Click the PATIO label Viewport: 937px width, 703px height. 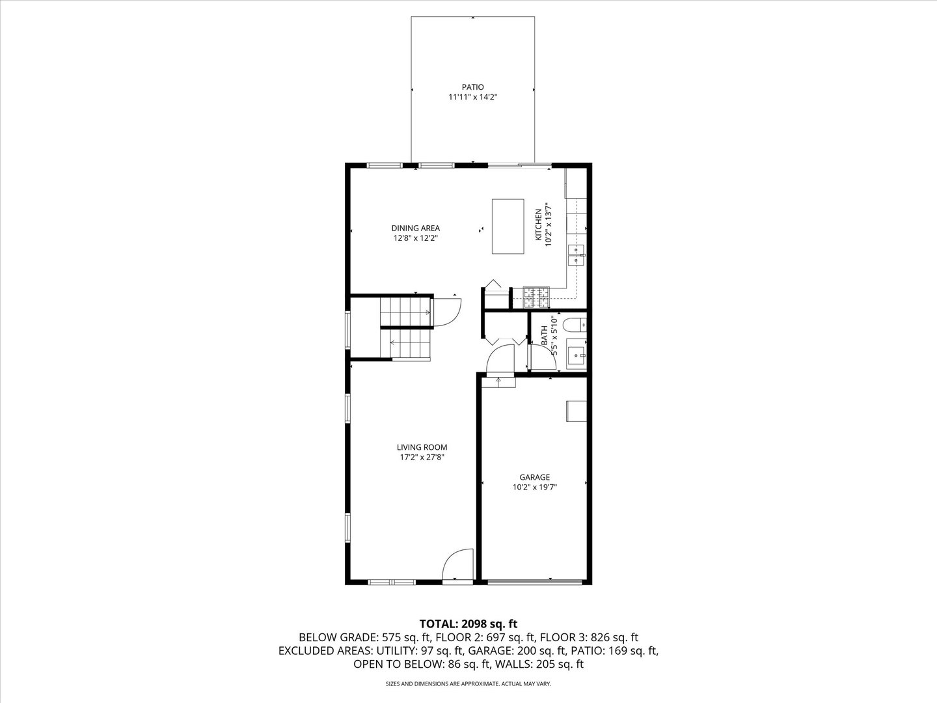point(472,87)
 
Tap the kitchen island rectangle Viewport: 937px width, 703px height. point(508,227)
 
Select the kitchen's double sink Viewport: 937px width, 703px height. point(576,256)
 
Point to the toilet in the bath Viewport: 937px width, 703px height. point(574,324)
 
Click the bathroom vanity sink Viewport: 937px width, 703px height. point(575,355)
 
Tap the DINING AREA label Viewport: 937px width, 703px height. point(415,228)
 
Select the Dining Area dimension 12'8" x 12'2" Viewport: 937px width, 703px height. point(415,238)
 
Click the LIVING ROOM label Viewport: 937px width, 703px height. point(422,447)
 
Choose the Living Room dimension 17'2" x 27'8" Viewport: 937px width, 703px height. point(422,458)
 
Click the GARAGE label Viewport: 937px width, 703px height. point(534,477)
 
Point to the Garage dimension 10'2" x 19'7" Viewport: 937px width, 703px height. point(534,487)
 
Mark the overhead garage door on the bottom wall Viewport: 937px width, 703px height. point(535,581)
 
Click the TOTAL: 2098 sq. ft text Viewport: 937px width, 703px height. point(468,624)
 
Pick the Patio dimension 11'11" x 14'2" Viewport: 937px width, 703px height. point(472,97)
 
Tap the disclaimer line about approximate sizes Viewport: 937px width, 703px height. point(468,684)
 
